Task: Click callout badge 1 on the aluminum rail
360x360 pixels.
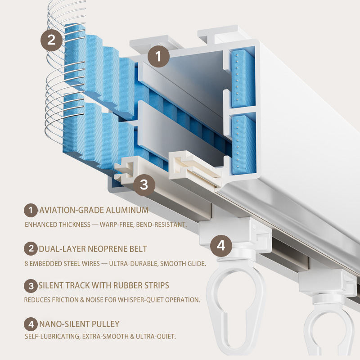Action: coord(158,57)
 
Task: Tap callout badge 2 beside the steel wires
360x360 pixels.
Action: coord(51,40)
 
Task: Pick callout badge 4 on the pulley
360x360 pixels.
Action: coord(221,246)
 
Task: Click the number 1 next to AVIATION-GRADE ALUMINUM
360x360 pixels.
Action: coord(31,210)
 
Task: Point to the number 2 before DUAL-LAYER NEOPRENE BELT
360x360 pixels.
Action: coord(31,248)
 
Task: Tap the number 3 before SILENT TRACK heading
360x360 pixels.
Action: coord(31,285)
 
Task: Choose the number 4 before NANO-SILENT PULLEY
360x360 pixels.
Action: coord(31,324)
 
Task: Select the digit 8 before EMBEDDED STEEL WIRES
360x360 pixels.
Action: coord(27,263)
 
